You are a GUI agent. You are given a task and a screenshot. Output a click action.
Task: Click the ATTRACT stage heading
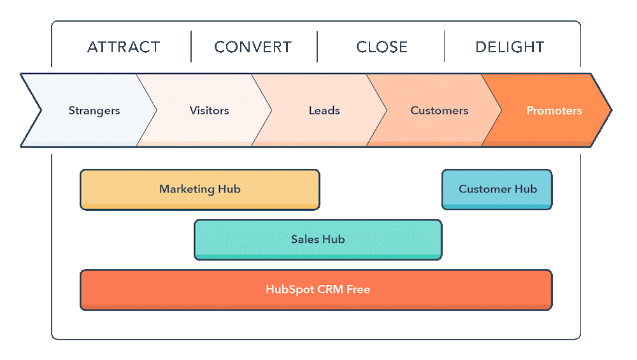click(x=124, y=47)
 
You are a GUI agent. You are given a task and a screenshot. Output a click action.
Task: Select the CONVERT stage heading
click(x=253, y=47)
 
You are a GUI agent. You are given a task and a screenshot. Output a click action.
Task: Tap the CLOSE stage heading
click(x=382, y=47)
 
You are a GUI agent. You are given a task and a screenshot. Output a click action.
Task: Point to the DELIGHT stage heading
click(x=510, y=47)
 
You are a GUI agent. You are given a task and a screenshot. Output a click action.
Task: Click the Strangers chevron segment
click(x=94, y=111)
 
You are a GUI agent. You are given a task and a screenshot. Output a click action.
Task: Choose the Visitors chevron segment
click(x=209, y=111)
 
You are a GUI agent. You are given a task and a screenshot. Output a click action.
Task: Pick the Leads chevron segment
click(x=324, y=111)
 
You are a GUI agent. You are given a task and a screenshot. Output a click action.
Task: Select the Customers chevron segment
click(x=440, y=111)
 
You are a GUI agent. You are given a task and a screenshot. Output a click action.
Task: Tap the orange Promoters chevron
click(x=554, y=111)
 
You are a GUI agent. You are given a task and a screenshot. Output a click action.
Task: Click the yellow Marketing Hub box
click(x=199, y=189)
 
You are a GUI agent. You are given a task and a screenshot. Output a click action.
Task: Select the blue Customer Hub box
click(x=497, y=189)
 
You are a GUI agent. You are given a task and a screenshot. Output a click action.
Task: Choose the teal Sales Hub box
click(x=317, y=240)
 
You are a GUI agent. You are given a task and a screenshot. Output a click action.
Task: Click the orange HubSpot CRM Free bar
click(x=316, y=290)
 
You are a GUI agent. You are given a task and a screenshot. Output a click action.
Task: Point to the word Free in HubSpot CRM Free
click(x=358, y=290)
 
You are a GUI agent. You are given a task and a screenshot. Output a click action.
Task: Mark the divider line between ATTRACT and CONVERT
click(x=191, y=47)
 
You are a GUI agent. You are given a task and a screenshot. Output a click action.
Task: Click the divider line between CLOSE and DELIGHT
click(x=444, y=47)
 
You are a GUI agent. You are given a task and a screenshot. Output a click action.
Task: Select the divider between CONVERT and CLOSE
click(x=317, y=47)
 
